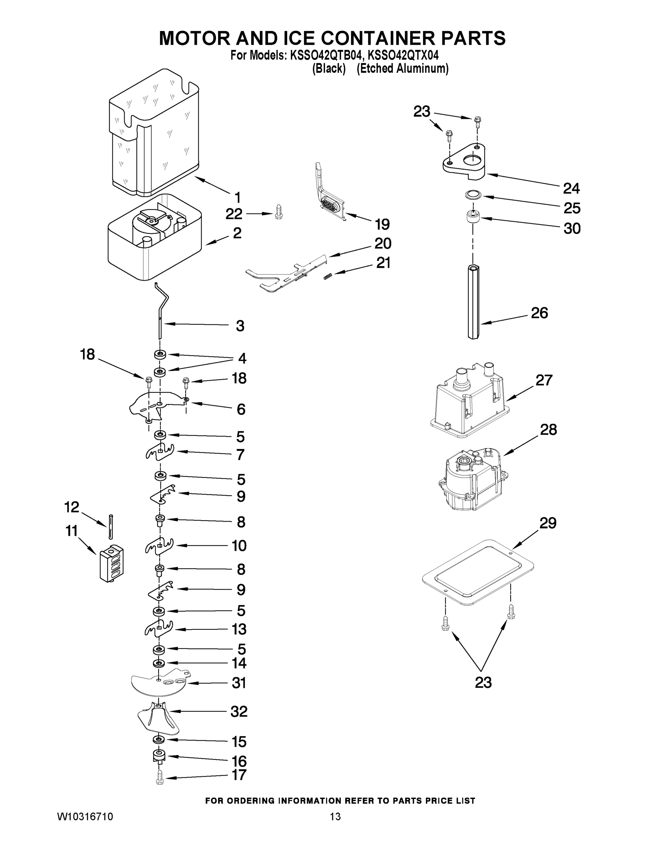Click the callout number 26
tap(539, 313)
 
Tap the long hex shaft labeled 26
tap(473, 302)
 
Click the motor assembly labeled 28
tap(472, 481)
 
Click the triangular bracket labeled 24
tap(464, 161)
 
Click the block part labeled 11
tap(111, 563)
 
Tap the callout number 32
tap(239, 711)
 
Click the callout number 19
tap(382, 225)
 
